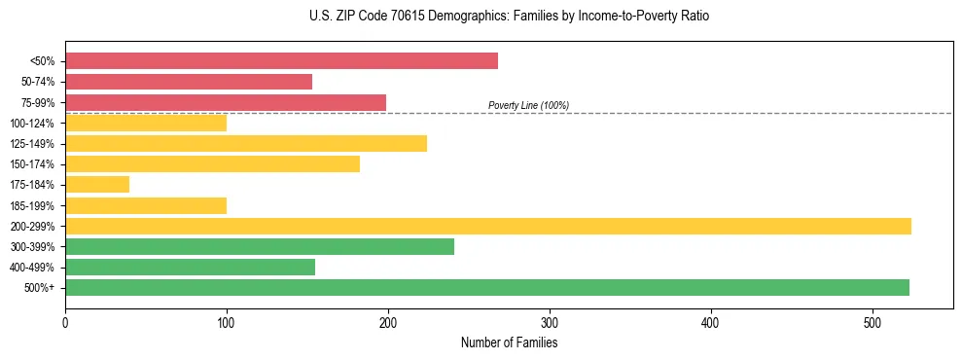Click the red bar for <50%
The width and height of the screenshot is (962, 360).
click(x=281, y=61)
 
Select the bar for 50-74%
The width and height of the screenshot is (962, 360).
click(x=189, y=82)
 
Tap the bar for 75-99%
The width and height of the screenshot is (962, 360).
click(x=226, y=102)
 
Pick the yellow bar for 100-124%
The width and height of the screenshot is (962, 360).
click(x=146, y=123)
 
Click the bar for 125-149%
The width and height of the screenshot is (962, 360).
click(x=246, y=144)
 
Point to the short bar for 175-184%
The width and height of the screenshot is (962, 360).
click(x=97, y=185)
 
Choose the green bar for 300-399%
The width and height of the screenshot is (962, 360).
click(x=260, y=246)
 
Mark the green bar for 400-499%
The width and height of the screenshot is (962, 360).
click(x=190, y=267)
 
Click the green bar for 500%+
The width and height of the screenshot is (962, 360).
click(x=487, y=287)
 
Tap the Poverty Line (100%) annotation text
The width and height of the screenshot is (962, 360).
click(x=528, y=105)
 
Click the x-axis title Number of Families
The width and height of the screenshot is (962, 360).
click(x=509, y=342)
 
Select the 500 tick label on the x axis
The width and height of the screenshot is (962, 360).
click(x=873, y=323)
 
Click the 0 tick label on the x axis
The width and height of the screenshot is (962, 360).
click(x=65, y=323)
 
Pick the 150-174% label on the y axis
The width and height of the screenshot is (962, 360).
click(x=32, y=164)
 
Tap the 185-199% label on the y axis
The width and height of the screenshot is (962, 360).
click(x=32, y=205)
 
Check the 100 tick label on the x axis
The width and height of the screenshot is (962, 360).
click(x=227, y=323)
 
